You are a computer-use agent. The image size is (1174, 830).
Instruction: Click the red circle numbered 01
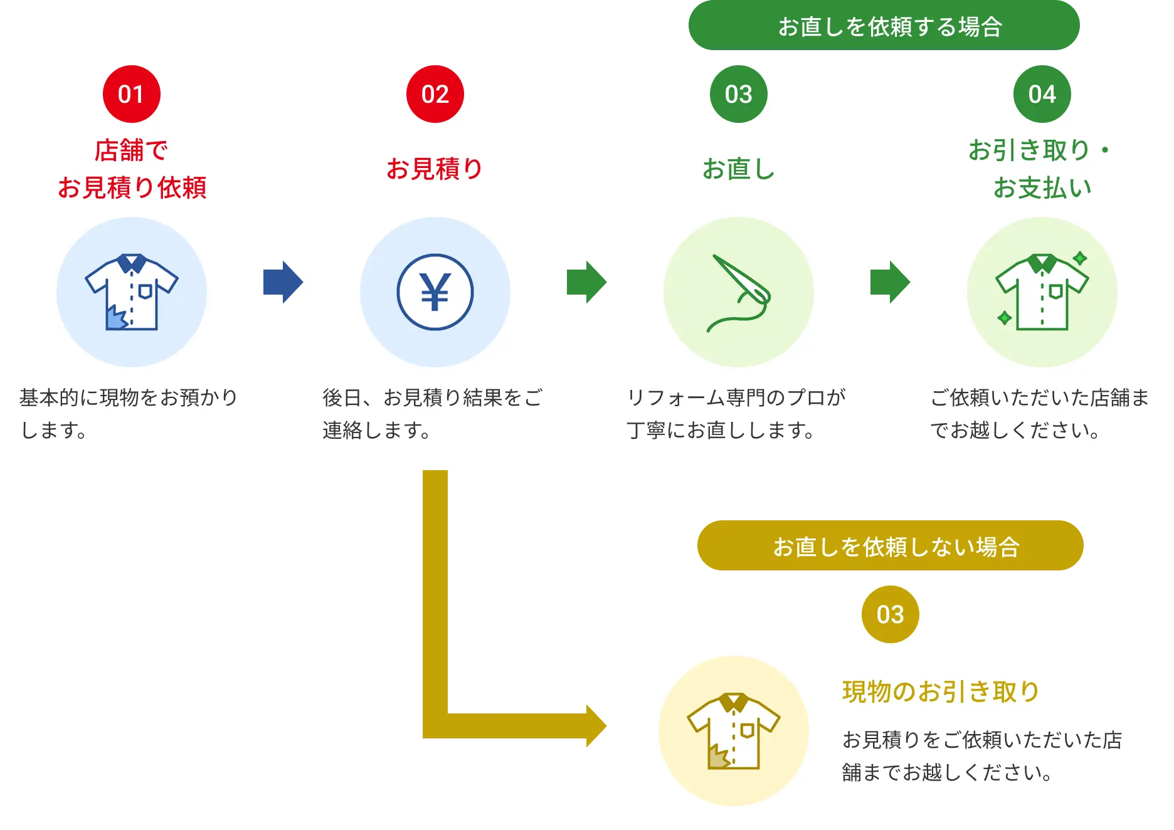(131, 94)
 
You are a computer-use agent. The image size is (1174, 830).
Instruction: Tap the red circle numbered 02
(435, 94)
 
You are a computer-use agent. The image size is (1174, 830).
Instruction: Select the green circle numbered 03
(738, 94)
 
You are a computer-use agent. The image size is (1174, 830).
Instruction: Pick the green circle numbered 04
(1042, 94)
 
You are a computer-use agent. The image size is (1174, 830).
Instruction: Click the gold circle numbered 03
(890, 614)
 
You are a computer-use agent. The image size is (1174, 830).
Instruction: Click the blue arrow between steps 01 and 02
(283, 281)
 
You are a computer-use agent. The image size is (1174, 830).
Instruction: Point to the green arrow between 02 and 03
(586, 281)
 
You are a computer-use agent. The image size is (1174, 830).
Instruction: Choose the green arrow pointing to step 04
(890, 281)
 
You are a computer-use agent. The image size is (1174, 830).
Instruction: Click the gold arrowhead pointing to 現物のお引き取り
(594, 727)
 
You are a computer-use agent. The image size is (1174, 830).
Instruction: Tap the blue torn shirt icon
(132, 292)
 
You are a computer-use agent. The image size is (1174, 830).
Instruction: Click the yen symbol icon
(435, 292)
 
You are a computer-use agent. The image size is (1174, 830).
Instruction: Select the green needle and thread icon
(738, 293)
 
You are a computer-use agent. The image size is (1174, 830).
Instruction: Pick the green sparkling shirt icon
(1042, 292)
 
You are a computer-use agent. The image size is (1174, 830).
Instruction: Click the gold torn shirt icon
(734, 731)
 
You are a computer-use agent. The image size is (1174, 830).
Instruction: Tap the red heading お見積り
(435, 169)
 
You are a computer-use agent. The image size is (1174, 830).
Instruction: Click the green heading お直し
(738, 169)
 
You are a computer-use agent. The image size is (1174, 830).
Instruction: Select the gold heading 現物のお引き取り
(941, 692)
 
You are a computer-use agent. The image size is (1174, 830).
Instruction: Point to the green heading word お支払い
(1042, 188)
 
